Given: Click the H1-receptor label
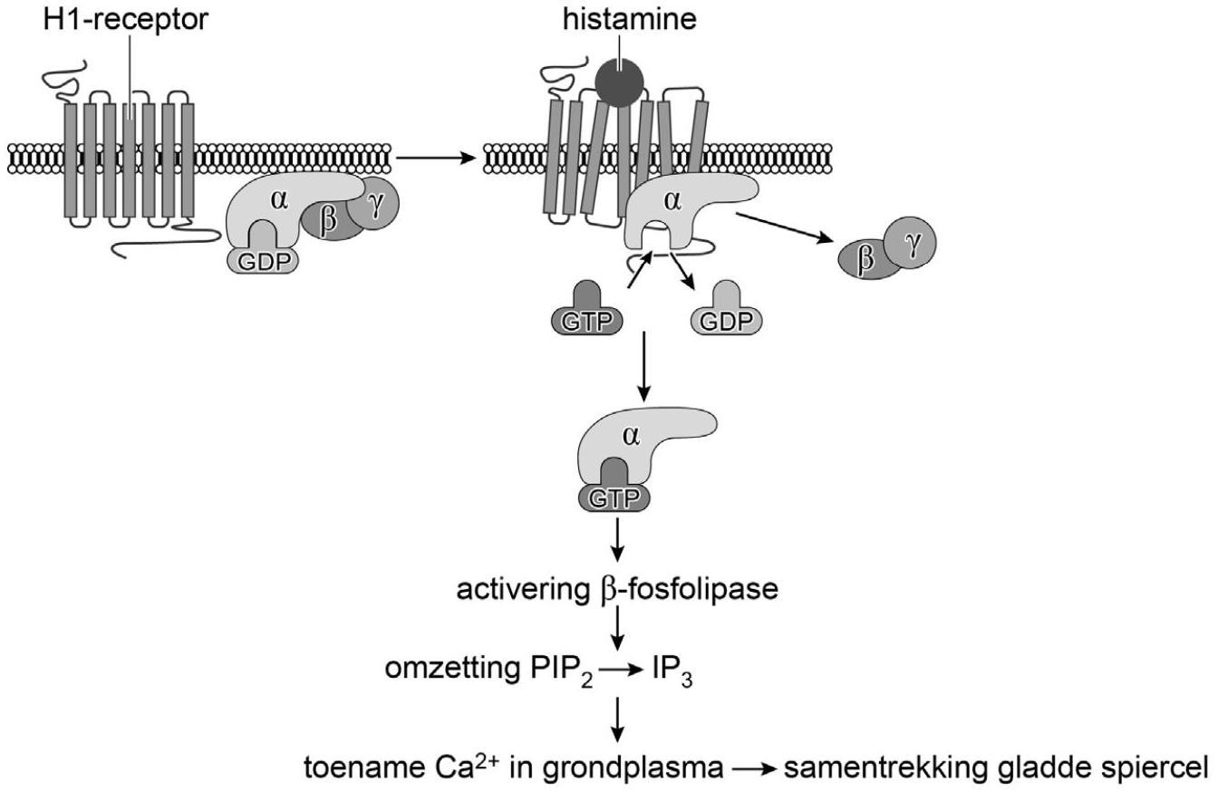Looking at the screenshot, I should tap(125, 19).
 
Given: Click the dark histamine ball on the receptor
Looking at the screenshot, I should tap(620, 82).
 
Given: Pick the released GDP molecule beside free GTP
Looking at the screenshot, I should tap(727, 320).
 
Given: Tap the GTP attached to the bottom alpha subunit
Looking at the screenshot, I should tap(614, 498).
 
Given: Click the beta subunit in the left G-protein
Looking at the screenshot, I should tap(328, 222).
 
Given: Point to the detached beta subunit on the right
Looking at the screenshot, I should tap(865, 260).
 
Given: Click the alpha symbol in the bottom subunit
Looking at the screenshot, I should tap(631, 436).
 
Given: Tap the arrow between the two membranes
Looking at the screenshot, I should tap(437, 159).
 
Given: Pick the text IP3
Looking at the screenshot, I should tap(672, 671).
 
